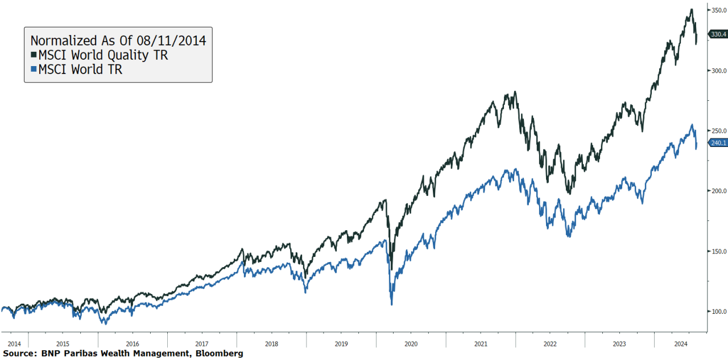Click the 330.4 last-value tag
pyautogui.click(x=718, y=34)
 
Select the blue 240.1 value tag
pyautogui.click(x=718, y=143)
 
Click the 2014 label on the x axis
pyautogui.click(x=14, y=343)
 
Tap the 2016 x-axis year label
pyautogui.click(x=133, y=343)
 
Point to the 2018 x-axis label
pyautogui.click(x=271, y=343)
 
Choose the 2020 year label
pyautogui.click(x=411, y=343)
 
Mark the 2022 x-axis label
pyautogui.click(x=550, y=343)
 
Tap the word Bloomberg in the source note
pyautogui.click(x=219, y=354)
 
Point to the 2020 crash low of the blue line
pyautogui.click(x=391, y=304)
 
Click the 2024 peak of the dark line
pyautogui.click(x=691, y=9)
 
